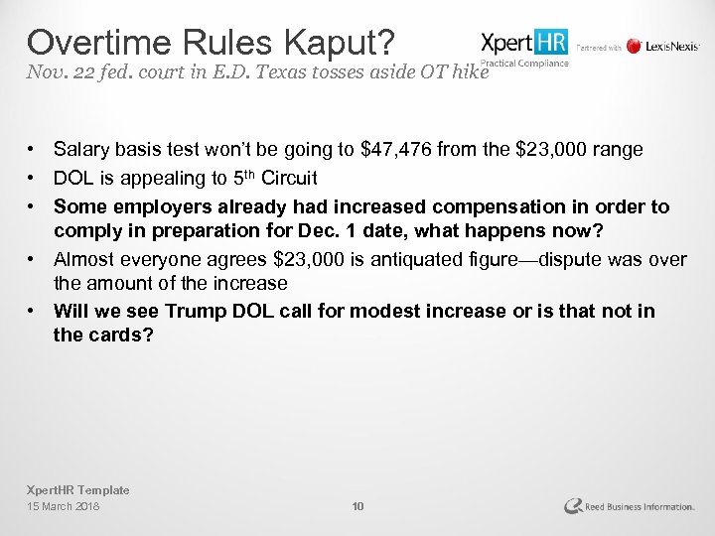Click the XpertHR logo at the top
tap(524, 43)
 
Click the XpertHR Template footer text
tap(77, 490)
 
